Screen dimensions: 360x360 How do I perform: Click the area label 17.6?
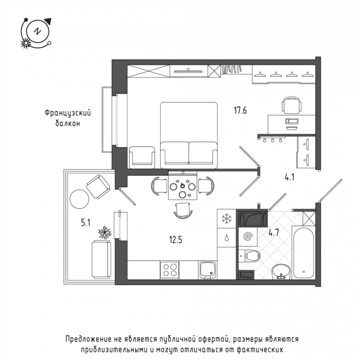click(240, 110)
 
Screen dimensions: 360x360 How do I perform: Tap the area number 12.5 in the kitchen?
click(176, 240)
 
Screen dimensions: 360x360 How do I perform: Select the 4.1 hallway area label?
click(289, 177)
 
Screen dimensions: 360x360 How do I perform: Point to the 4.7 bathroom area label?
click(274, 233)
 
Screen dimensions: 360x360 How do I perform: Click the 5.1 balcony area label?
click(86, 223)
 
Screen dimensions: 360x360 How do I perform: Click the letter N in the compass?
click(37, 31)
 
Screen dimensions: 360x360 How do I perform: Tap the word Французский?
click(68, 113)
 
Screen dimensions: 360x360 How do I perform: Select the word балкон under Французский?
click(68, 123)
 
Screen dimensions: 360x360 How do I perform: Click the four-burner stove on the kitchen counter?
click(169, 270)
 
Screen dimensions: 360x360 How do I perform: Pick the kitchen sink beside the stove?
click(208, 271)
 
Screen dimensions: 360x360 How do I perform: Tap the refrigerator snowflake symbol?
click(226, 218)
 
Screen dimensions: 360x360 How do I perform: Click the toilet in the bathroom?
click(250, 256)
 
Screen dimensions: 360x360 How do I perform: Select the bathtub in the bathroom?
click(303, 253)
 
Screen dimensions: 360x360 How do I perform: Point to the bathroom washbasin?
click(281, 272)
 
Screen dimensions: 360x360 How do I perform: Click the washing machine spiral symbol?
click(248, 236)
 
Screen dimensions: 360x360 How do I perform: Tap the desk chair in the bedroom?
click(292, 105)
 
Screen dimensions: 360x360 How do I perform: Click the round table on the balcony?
click(79, 199)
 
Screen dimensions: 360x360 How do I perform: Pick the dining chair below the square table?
click(183, 211)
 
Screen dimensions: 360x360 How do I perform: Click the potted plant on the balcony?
click(104, 233)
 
